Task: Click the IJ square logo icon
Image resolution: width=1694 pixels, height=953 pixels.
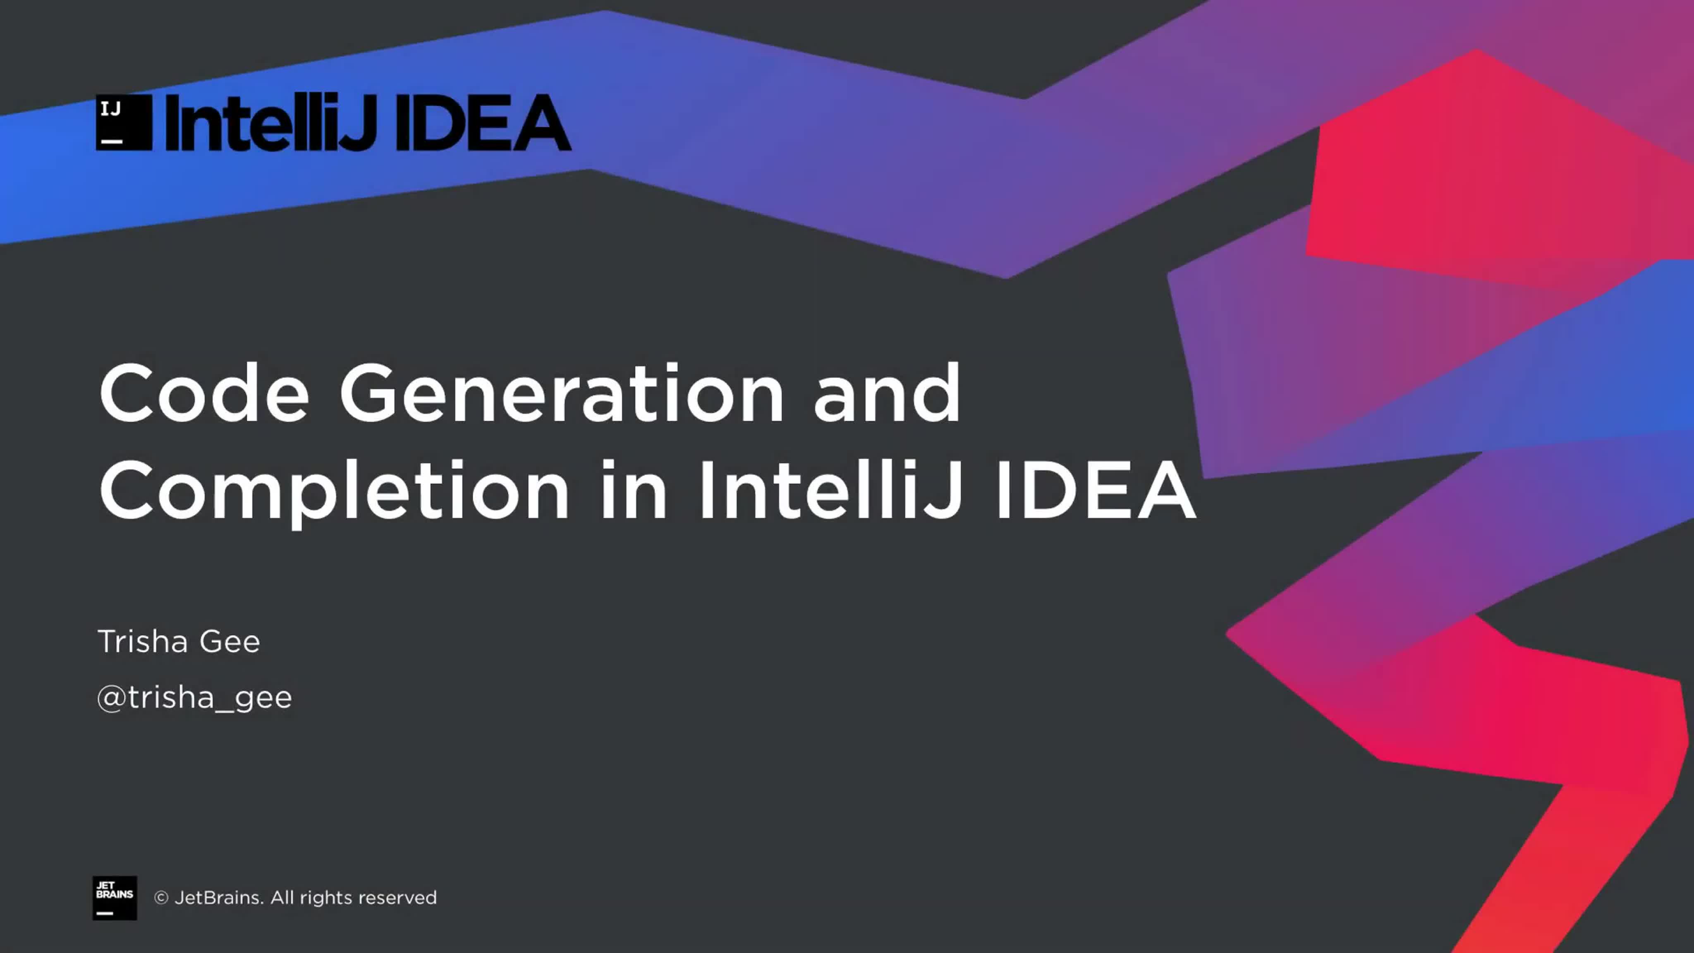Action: (x=124, y=122)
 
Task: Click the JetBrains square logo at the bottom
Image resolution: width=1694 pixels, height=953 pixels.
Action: (x=115, y=898)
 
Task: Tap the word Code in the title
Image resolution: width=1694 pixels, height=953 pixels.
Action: (x=204, y=393)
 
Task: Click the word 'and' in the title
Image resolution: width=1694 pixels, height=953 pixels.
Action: (x=887, y=393)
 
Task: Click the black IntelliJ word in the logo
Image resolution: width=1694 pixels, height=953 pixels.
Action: (x=271, y=122)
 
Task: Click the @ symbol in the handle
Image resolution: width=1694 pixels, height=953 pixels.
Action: (x=111, y=698)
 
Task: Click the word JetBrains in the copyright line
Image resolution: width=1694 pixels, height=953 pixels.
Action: (x=219, y=898)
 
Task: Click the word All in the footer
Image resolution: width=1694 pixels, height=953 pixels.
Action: (x=282, y=898)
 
